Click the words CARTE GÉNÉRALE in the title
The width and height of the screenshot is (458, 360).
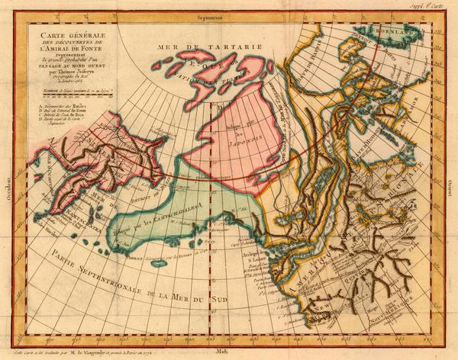tap(73, 36)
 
